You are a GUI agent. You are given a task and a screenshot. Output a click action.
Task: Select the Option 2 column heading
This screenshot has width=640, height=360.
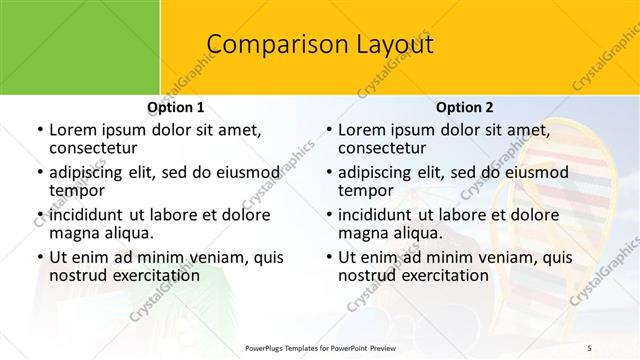[464, 107]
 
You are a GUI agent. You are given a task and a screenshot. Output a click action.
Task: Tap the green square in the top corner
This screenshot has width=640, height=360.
[80, 47]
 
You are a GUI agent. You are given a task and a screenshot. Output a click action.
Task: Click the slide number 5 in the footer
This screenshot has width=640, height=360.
[589, 347]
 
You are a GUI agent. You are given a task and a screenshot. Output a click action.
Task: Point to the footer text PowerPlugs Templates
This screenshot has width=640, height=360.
[287, 347]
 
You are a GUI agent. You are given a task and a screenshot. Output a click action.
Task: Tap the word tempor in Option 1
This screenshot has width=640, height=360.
[77, 191]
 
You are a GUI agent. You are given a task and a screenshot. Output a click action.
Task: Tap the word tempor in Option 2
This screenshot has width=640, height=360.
[366, 191]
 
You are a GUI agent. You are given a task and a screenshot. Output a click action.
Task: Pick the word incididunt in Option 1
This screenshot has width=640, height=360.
[88, 214]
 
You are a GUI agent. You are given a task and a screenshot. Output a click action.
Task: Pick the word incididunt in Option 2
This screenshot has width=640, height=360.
[378, 214]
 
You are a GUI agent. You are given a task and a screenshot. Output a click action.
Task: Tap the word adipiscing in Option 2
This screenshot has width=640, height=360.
[377, 172]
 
